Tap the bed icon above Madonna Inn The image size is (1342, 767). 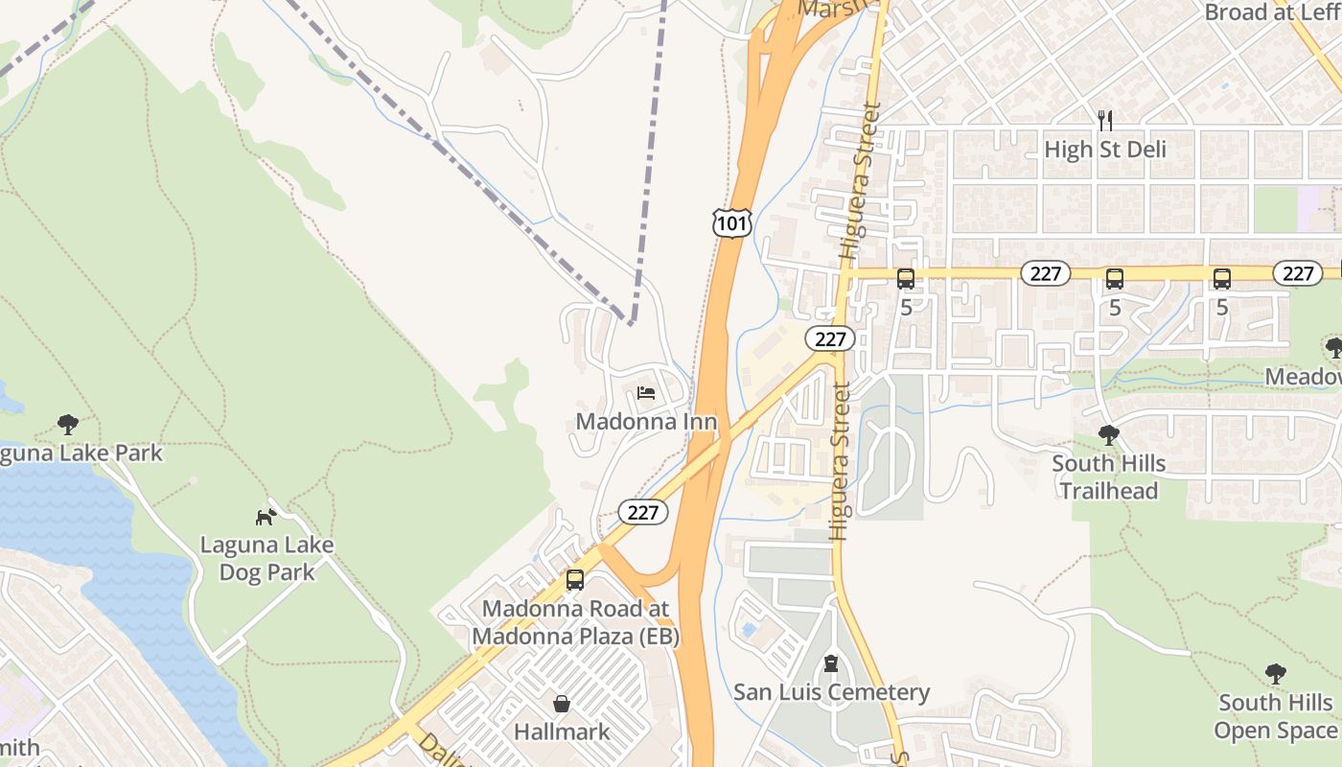click(646, 393)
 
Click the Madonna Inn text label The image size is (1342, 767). click(646, 422)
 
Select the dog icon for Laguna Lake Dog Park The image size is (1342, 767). click(266, 517)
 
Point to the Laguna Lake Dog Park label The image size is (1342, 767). click(266, 559)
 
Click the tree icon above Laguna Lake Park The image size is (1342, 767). click(67, 424)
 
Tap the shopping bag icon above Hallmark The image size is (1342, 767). click(562, 704)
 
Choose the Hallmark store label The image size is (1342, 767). click(562, 732)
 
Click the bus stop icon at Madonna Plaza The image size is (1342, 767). click(575, 580)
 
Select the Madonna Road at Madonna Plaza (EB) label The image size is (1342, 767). click(575, 622)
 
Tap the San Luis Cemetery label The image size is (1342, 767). click(831, 692)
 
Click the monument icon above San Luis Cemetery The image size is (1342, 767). click(831, 663)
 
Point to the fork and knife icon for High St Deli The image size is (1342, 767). click(1105, 120)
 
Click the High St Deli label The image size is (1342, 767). click(1105, 150)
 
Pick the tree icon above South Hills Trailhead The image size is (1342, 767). click(1109, 435)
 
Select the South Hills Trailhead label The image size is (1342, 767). click(1109, 477)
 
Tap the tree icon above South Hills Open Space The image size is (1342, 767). click(1275, 674)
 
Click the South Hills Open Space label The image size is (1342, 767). click(1275, 716)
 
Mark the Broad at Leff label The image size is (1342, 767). click(1270, 12)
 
